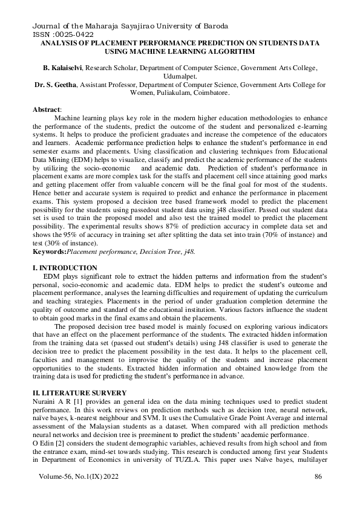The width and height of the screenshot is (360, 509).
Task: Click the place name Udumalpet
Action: pyautogui.click(x=179, y=78)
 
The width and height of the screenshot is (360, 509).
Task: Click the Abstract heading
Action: pyautogui.click(x=47, y=109)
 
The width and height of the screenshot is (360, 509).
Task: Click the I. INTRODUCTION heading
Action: pyautogui.click(x=64, y=267)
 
